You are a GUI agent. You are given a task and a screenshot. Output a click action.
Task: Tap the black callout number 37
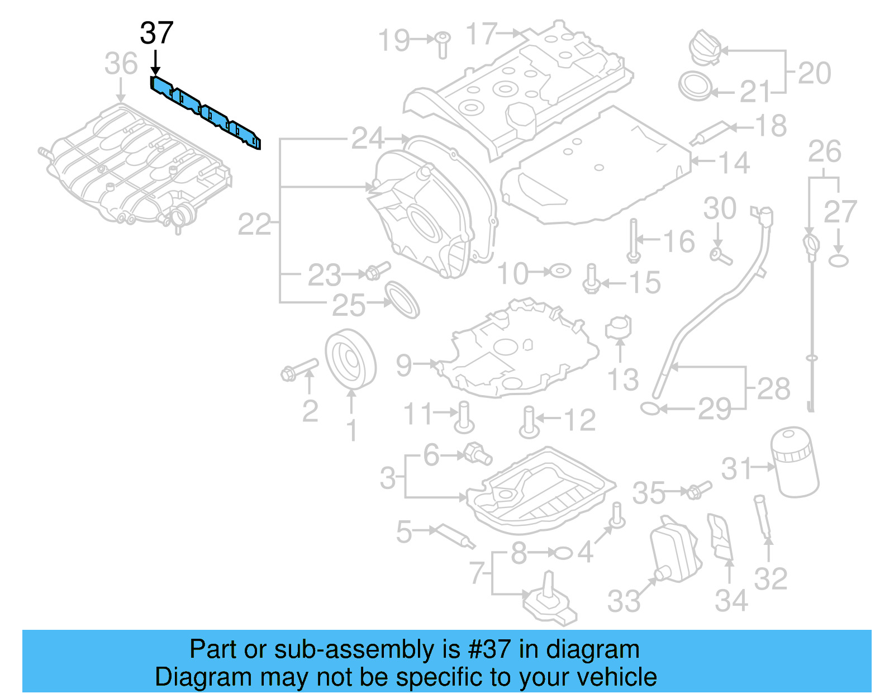point(156,34)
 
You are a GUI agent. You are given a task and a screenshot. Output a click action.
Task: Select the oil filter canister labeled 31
point(795,462)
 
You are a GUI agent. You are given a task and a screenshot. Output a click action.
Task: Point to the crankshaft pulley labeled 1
point(350,360)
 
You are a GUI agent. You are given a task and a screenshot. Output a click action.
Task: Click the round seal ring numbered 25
point(402,300)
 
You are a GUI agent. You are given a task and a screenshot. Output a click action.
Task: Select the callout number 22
point(254,225)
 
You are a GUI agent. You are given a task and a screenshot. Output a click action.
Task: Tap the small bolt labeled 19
point(443,44)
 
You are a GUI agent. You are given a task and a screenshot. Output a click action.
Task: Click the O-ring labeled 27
point(838,260)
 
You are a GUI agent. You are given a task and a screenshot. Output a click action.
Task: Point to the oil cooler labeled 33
point(675,550)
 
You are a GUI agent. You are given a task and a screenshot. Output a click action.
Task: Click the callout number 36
point(121,64)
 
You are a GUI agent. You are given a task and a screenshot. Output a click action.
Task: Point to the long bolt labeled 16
point(633,240)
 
